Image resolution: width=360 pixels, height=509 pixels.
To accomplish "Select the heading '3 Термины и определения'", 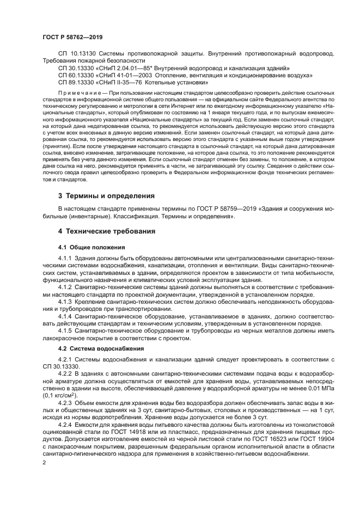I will (x=106, y=195).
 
